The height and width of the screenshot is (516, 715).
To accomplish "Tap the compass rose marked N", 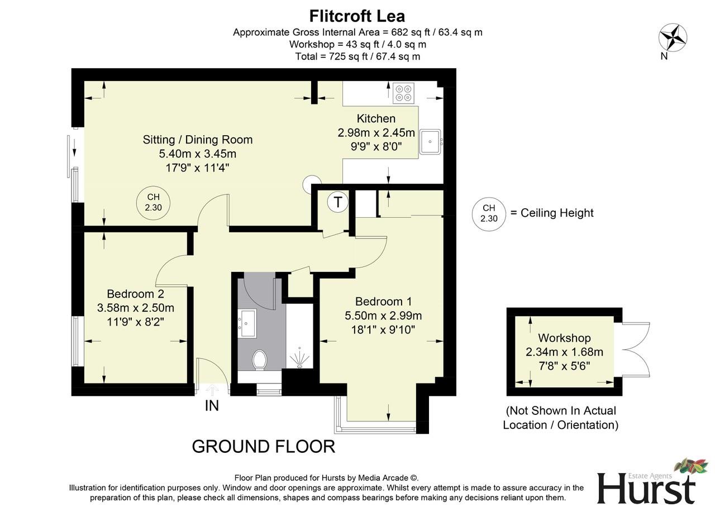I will click(x=673, y=38).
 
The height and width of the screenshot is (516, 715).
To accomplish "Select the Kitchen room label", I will click(x=376, y=118).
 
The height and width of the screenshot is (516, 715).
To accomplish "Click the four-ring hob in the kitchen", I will click(x=403, y=93).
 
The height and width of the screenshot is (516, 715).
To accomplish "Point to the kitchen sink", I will click(x=431, y=141).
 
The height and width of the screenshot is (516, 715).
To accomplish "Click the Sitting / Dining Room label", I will click(x=198, y=140).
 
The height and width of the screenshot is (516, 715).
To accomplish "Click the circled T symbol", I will click(x=338, y=202).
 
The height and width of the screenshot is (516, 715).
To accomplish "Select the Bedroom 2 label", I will click(x=135, y=294).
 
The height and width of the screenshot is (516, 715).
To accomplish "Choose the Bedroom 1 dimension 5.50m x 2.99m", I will click(x=383, y=316).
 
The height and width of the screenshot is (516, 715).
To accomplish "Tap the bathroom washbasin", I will click(x=247, y=323).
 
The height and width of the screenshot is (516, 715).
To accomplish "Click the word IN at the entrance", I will click(x=212, y=406).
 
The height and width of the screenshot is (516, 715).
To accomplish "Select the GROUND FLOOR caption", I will click(x=263, y=446).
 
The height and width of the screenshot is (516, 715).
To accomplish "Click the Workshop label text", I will click(x=564, y=338).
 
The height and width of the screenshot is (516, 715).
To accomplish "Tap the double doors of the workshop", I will click(x=636, y=351).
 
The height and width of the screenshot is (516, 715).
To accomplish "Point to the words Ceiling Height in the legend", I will click(x=556, y=213).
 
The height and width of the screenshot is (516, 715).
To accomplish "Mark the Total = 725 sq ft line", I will click(x=357, y=56).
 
